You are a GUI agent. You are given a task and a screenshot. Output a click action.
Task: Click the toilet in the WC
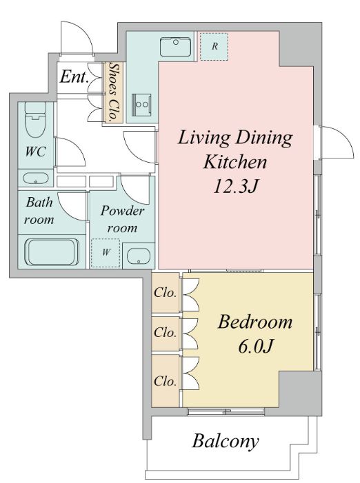(x=35, y=119)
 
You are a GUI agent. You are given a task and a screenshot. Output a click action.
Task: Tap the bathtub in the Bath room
(x=52, y=252)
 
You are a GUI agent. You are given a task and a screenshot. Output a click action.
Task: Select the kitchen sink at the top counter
(x=175, y=47)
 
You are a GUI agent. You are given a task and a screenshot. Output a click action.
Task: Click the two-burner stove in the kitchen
(x=142, y=105)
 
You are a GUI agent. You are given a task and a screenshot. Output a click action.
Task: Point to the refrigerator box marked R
(x=214, y=47)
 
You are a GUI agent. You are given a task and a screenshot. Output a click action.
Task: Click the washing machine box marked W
(x=106, y=253)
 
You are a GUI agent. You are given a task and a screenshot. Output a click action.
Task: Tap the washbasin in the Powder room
(x=139, y=256)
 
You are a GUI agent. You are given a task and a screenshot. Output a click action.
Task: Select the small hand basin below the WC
(x=36, y=178)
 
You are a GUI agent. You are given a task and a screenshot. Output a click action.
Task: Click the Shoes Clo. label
(x=114, y=92)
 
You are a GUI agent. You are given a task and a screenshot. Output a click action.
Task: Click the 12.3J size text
(x=235, y=186)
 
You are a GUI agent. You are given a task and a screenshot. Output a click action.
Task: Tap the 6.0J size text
(x=255, y=347)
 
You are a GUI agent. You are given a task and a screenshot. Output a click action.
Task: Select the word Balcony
(x=226, y=442)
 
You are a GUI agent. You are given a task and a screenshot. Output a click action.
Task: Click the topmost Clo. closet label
(x=166, y=293)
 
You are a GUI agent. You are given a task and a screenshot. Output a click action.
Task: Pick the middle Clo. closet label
(x=166, y=332)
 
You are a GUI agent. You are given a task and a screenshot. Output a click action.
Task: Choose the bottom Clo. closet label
(x=166, y=381)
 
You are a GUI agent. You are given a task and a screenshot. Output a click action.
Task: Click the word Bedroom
(x=255, y=322)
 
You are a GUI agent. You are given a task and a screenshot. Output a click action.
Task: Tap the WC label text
(x=36, y=152)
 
